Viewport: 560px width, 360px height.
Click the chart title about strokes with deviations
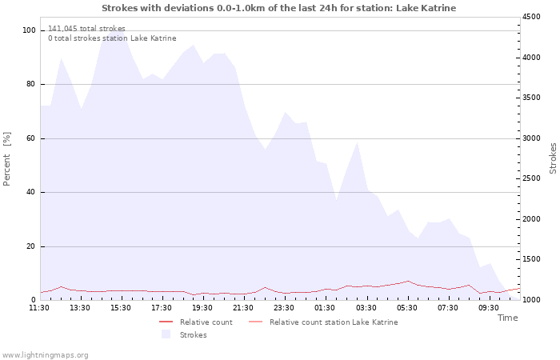click(x=279, y=8)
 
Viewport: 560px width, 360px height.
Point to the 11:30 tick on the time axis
click(x=39, y=307)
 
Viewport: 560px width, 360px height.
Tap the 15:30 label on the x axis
click(x=121, y=307)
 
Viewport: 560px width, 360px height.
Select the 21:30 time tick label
click(x=243, y=307)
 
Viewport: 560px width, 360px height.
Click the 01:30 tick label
click(x=325, y=307)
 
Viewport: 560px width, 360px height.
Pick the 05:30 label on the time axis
click(x=406, y=307)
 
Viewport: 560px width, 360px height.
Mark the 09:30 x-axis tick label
click(x=488, y=307)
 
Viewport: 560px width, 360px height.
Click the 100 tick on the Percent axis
click(x=30, y=30)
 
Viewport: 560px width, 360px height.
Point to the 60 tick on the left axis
click(x=31, y=138)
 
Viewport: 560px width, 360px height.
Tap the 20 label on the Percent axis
click(x=31, y=246)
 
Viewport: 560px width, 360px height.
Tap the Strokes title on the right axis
click(x=553, y=158)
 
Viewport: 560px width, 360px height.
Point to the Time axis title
click(x=507, y=318)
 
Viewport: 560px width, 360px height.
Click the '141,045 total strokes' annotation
click(x=86, y=29)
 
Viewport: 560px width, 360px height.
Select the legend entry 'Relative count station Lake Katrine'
click(x=333, y=322)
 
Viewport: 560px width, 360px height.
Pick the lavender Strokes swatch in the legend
click(x=166, y=334)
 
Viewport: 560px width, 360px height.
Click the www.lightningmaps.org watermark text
click(x=45, y=354)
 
